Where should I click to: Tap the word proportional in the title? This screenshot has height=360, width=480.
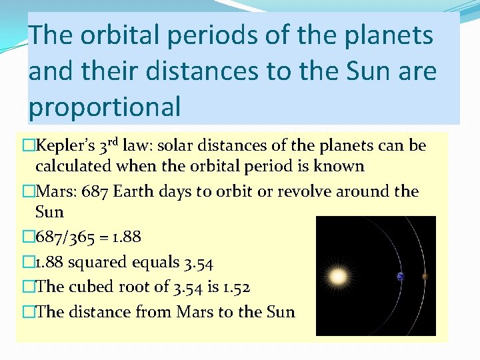105,107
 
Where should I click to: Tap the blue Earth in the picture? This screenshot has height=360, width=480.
401,277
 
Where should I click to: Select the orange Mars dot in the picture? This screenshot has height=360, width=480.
425,276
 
